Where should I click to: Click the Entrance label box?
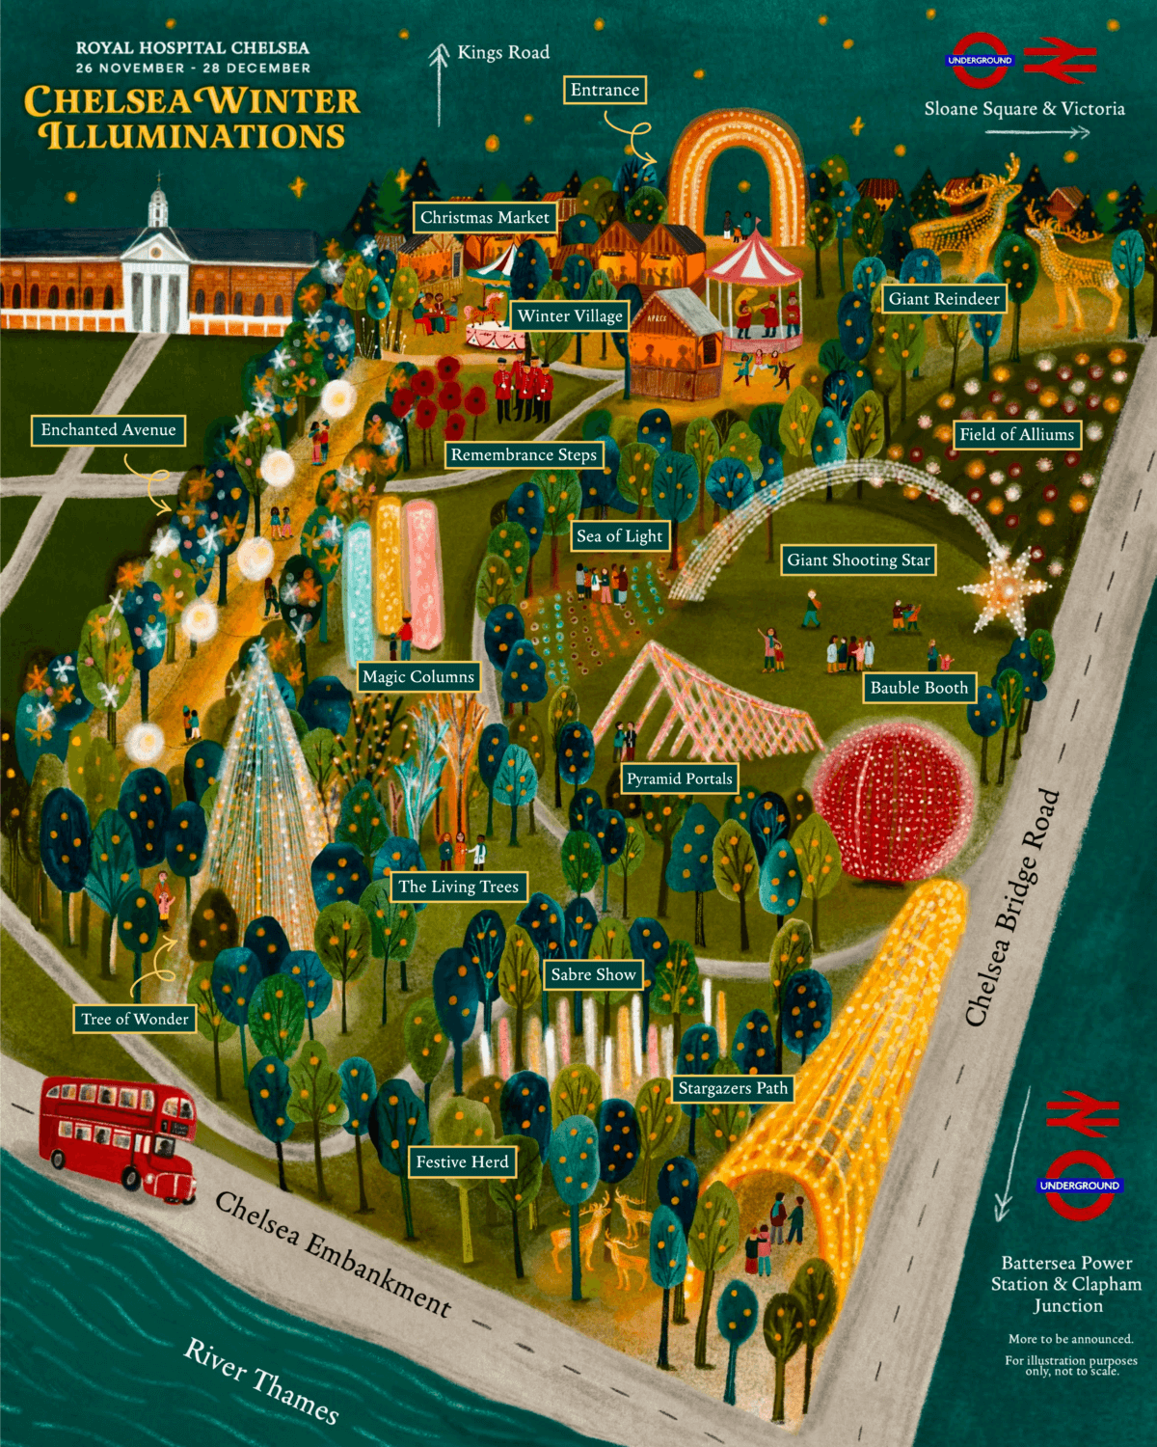click(605, 91)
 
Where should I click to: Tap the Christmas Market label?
click(484, 218)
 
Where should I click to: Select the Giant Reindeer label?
click(944, 299)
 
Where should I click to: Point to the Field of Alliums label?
click(1016, 435)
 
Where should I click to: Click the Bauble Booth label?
click(919, 688)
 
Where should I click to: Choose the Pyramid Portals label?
click(680, 778)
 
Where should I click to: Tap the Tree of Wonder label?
click(135, 1019)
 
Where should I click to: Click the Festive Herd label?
click(462, 1162)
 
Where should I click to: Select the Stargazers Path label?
click(733, 1089)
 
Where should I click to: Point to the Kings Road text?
click(503, 53)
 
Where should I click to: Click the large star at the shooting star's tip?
click(1002, 589)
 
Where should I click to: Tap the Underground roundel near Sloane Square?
click(980, 61)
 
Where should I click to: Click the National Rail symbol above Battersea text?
click(1082, 1113)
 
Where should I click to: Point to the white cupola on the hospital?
click(158, 207)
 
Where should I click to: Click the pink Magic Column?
click(422, 573)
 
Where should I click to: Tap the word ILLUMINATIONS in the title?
click(193, 136)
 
